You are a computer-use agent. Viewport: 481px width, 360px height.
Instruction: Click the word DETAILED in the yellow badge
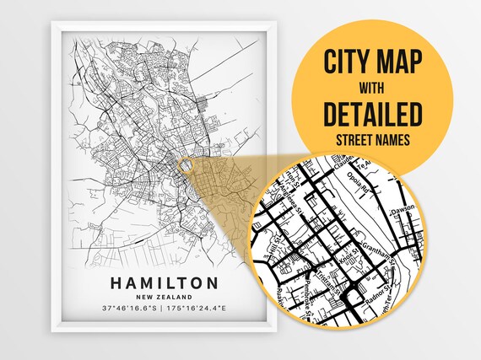372,112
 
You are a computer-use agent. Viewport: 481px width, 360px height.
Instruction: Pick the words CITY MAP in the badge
372,62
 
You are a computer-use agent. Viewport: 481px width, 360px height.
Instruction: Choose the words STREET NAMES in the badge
372,137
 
